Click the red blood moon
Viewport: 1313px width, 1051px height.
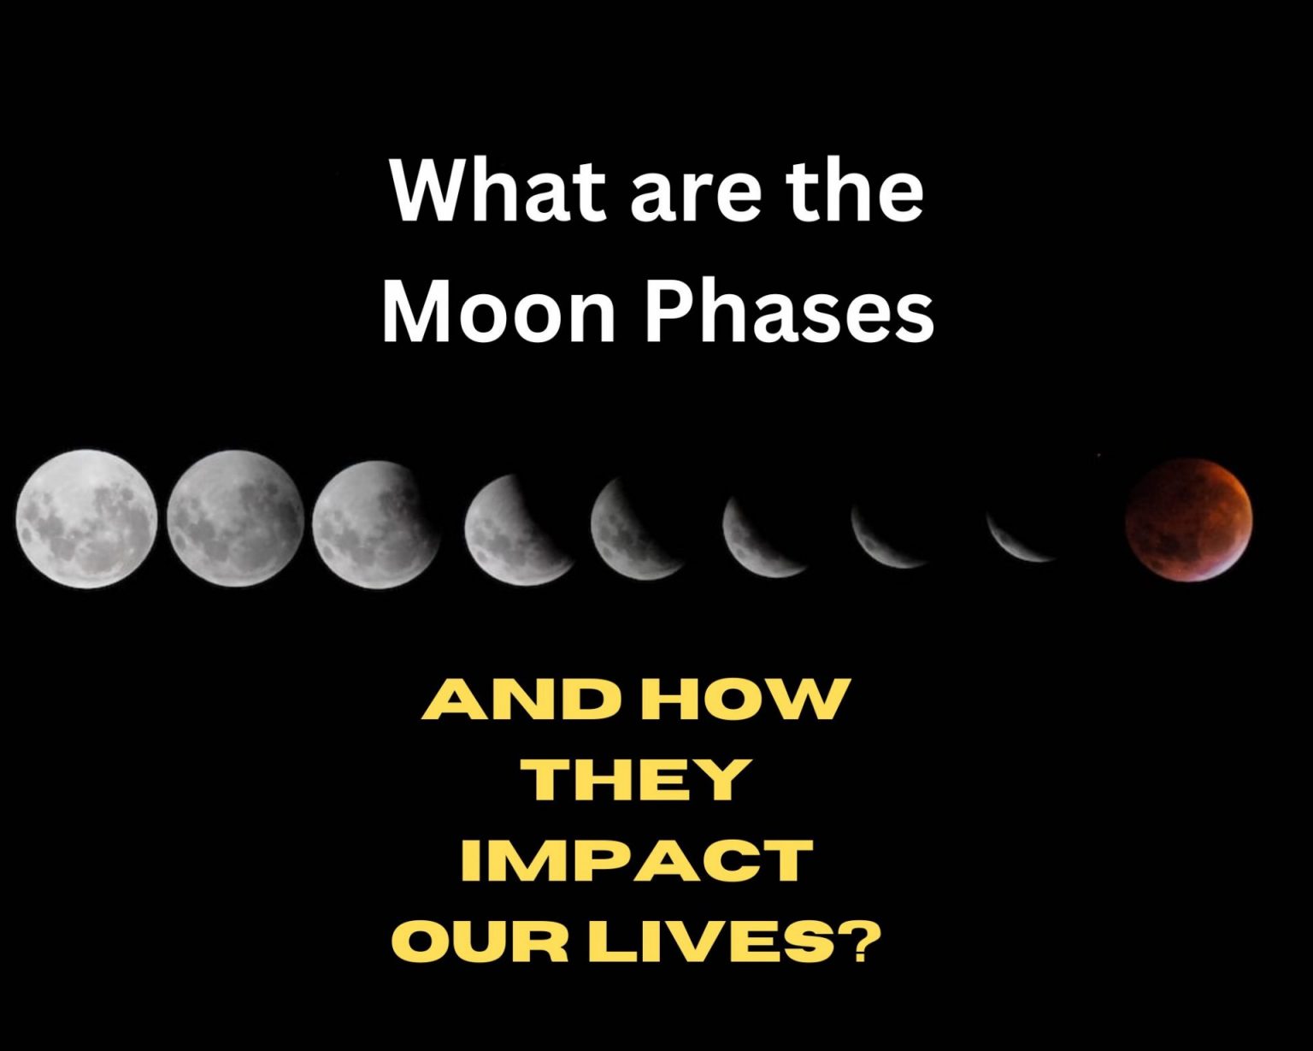click(x=1189, y=519)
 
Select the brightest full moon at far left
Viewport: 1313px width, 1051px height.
click(x=86, y=519)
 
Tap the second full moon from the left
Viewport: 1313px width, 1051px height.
click(x=236, y=519)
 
